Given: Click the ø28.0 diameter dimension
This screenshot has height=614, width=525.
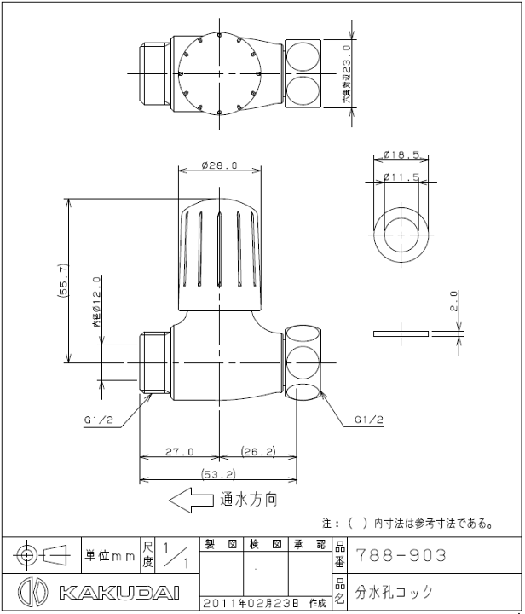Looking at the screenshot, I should click(x=220, y=165).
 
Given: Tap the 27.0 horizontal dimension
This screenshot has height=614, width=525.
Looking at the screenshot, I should click(x=179, y=451).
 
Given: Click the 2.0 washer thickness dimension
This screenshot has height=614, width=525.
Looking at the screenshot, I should click(x=454, y=300).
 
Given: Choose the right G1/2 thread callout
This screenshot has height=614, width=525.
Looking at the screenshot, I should click(x=368, y=420).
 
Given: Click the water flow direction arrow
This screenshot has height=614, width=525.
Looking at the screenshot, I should click(x=191, y=501).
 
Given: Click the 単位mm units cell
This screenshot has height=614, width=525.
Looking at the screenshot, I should click(x=110, y=555).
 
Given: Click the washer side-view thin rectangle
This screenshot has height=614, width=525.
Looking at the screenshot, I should click(x=400, y=333).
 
